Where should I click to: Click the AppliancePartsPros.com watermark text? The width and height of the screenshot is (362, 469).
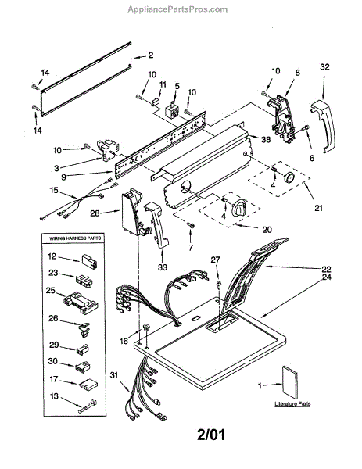(177, 9)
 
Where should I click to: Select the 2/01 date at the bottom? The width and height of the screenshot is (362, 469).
(211, 435)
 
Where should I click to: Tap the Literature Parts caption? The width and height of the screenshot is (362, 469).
(292, 404)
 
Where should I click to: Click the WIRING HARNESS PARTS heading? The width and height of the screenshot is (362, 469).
(75, 238)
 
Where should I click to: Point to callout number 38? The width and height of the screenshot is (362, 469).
(266, 139)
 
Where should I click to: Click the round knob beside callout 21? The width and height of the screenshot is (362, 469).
(289, 177)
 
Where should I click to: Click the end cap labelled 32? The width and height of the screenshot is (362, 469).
(322, 126)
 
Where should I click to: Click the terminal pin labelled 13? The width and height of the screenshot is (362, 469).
(88, 406)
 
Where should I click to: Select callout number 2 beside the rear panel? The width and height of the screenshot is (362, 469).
(151, 55)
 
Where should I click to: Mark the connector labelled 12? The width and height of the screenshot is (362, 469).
(88, 262)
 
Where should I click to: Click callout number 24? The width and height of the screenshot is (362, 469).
(326, 277)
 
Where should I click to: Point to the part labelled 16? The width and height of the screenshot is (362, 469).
(146, 328)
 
